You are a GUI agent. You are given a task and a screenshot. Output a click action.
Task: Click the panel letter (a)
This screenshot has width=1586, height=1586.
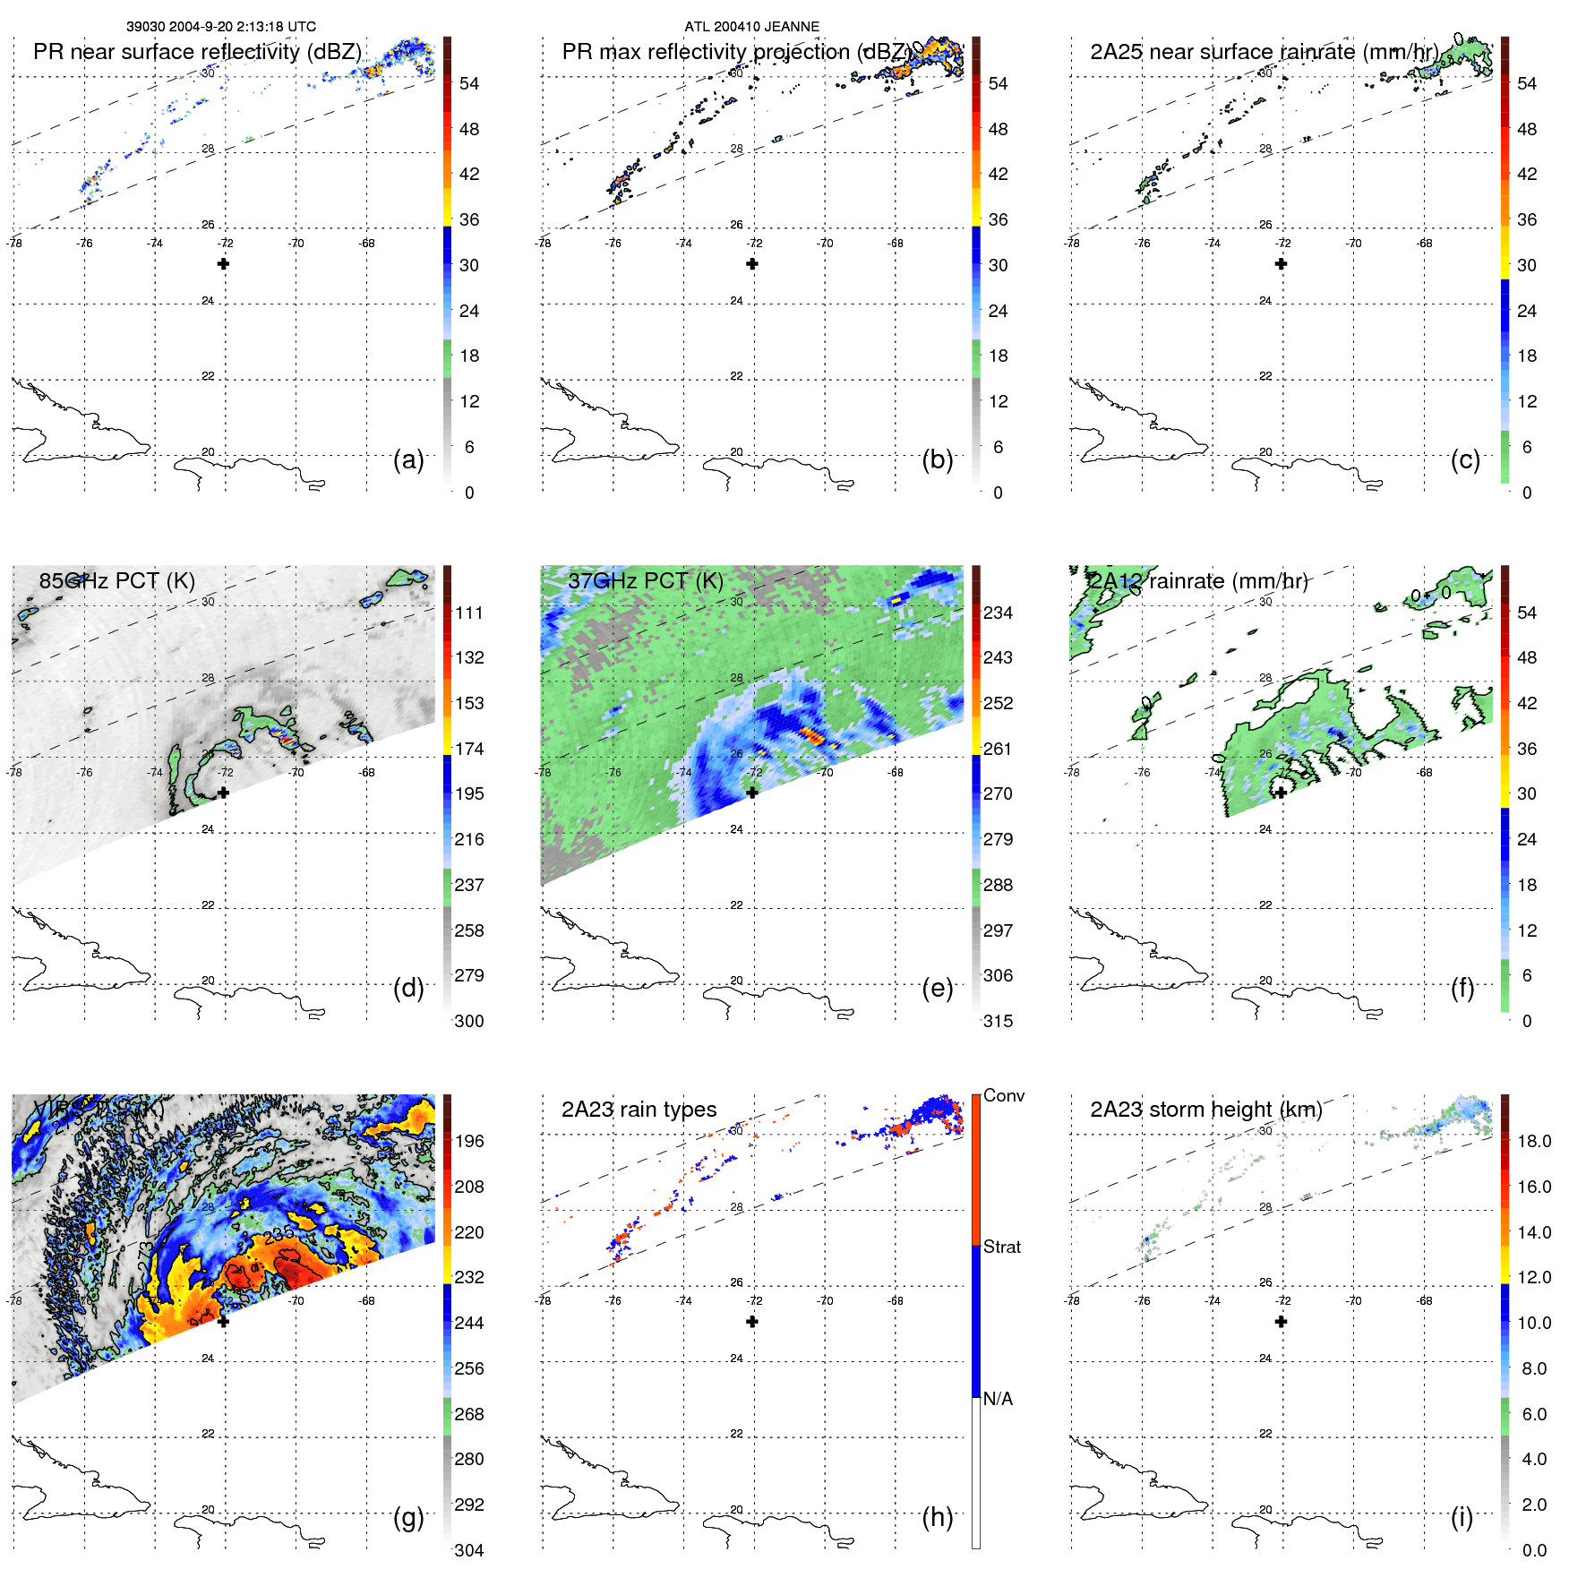point(408,459)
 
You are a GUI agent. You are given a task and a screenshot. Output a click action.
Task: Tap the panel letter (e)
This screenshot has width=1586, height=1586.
point(938,988)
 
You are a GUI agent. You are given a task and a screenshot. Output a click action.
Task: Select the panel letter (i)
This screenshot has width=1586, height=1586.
point(1462,1517)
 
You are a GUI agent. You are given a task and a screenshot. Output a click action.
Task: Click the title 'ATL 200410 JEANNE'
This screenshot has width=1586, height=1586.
point(751,26)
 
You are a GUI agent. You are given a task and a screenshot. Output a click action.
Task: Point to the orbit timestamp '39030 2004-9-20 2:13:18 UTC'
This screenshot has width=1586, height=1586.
point(221,26)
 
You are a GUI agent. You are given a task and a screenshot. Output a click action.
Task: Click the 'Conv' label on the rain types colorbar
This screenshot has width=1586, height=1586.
point(1003,1095)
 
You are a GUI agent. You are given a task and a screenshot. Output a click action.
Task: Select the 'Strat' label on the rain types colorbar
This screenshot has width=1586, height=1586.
point(1001,1247)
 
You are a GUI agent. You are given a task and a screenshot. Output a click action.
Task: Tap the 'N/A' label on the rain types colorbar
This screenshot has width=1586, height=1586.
point(998,1399)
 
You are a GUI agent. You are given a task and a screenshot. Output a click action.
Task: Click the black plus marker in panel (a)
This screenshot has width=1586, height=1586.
point(223,263)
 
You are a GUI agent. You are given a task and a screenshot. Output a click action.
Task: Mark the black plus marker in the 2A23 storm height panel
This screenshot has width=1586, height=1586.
point(1281,1321)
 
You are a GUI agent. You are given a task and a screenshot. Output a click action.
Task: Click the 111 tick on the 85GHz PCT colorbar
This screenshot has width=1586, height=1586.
point(468,613)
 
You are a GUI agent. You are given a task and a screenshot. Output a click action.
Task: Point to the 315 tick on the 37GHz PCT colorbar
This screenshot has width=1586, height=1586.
point(998,1021)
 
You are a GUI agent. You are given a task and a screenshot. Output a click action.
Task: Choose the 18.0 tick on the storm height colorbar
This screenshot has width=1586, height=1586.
point(1533,1141)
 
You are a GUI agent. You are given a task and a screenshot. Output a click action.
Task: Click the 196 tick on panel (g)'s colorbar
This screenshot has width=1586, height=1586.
point(468,1141)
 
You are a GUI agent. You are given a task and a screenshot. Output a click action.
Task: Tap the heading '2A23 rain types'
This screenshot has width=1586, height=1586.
point(639,1110)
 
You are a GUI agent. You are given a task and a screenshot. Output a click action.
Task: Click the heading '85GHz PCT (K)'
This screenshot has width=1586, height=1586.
point(116,580)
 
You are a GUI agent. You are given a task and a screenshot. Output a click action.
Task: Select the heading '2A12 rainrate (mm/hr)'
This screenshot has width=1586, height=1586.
point(1198,580)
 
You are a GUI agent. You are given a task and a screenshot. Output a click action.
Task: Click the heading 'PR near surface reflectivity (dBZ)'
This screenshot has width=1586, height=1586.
point(197,51)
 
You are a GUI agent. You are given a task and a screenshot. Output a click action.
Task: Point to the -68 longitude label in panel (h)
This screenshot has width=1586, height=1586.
point(896,1300)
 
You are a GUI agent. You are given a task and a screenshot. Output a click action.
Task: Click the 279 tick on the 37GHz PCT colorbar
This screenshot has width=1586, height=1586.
point(998,839)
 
